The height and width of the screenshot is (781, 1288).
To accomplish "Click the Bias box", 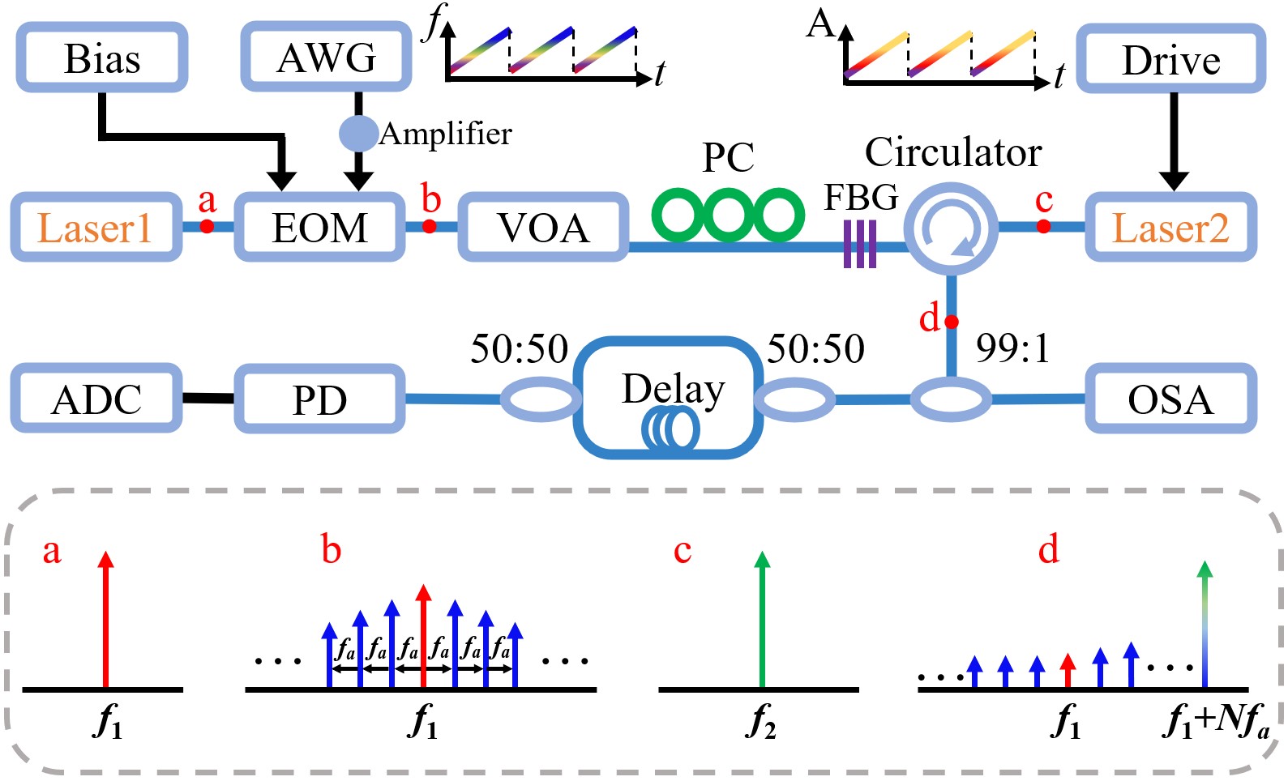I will tap(102, 58).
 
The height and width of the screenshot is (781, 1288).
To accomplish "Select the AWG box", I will tap(327, 57).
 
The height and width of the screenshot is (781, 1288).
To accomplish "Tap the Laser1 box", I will tap(96, 228).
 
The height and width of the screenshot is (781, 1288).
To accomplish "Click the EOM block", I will tap(319, 228).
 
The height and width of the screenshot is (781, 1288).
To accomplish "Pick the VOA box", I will tap(543, 228).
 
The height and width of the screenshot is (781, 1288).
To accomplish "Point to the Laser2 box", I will tap(1170, 228).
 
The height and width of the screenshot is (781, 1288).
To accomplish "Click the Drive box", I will tap(1170, 59).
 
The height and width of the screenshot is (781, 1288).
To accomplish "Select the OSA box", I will tap(1170, 399).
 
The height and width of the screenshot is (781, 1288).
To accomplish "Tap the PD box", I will tap(319, 399).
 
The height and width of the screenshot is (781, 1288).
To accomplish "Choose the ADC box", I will tap(96, 399).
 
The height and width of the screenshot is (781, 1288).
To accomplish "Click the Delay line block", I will tap(670, 398).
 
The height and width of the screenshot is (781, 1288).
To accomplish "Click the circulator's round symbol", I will tap(951, 228).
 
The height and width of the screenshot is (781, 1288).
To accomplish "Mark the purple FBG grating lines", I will tap(860, 244).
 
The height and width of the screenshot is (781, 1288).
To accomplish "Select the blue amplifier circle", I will tap(357, 133).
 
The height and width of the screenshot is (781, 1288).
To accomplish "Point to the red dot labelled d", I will tap(952, 322).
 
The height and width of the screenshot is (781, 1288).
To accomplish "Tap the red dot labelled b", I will tap(430, 226).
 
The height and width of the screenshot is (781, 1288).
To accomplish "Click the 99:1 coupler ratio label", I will tap(1012, 348).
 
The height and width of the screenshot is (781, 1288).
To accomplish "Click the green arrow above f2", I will tap(761, 620).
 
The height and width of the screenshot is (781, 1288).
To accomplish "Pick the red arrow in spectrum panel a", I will tap(105, 620).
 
